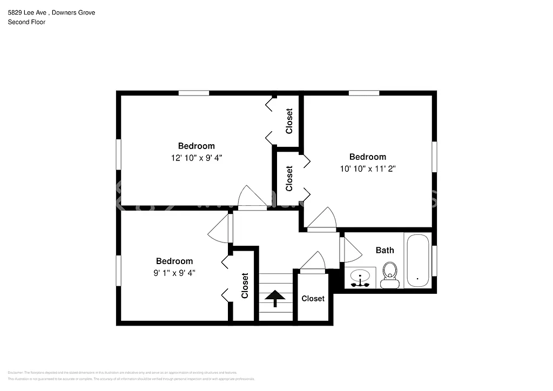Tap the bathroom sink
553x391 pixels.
coord(360,278)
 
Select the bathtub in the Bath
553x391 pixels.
coord(417,260)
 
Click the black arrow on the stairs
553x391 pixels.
coord(275,298)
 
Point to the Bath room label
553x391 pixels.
coord(385,250)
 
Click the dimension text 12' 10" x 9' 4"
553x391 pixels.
coord(197,158)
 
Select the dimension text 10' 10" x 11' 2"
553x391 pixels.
coord(368,168)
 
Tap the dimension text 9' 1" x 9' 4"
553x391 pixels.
coord(174,273)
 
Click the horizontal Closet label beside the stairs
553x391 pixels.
coord(313,299)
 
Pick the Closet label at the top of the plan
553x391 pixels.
coord(289,122)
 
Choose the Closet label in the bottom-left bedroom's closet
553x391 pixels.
coord(245,286)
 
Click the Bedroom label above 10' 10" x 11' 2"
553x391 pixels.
coord(368,157)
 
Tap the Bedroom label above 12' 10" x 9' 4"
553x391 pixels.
coord(197,146)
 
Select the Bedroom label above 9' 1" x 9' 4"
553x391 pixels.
coord(174,261)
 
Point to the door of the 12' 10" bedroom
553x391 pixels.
coord(252,198)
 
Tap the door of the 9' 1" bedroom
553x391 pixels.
coord(220,229)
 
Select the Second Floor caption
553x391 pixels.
coord(26,22)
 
